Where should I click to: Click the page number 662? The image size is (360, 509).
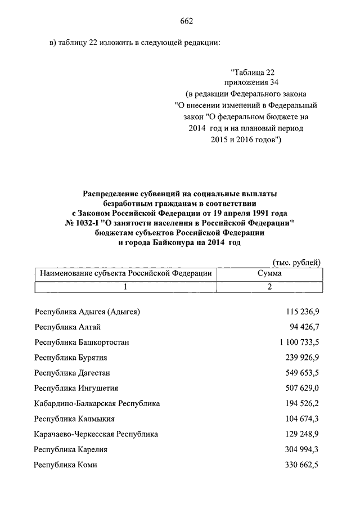point(187,21)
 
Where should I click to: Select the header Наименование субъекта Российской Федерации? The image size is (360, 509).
point(126,273)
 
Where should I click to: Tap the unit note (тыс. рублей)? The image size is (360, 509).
point(296,262)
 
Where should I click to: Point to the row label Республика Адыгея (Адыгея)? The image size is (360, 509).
point(87,312)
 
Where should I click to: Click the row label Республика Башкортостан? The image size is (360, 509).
point(82,342)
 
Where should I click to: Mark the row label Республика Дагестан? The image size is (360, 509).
point(72,373)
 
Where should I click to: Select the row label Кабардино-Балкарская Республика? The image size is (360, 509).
point(97,403)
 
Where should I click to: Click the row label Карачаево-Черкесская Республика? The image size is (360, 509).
point(96,434)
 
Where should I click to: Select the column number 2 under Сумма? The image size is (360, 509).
point(269,287)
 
